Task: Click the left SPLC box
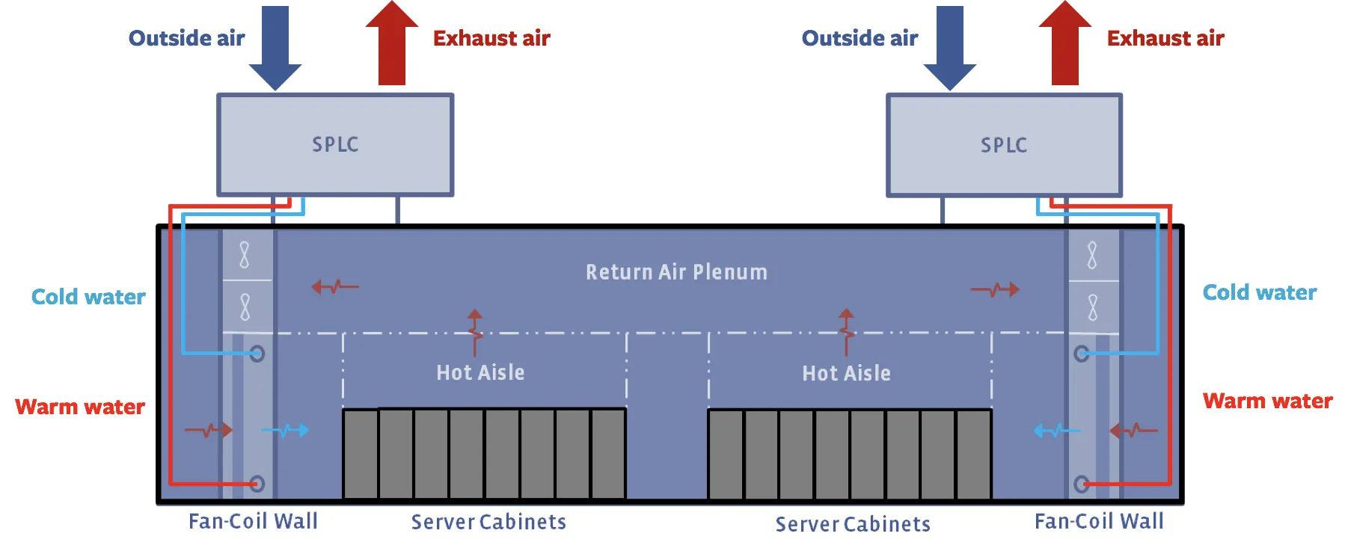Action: click(335, 144)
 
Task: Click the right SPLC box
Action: click(1004, 145)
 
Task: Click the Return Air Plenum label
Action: click(676, 272)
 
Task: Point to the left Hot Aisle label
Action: click(480, 372)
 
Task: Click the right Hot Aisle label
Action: click(846, 373)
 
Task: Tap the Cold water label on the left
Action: click(88, 297)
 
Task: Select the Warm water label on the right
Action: click(1267, 401)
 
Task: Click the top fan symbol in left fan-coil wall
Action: click(245, 255)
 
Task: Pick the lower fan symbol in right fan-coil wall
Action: click(1093, 307)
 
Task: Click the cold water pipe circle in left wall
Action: click(257, 354)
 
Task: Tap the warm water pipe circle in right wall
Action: click(1082, 484)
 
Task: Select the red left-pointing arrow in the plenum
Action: click(334, 286)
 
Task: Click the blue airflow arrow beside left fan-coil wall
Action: click(286, 430)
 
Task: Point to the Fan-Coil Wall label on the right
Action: click(1098, 521)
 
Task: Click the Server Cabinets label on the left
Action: click(488, 522)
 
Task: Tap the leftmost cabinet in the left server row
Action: click(361, 454)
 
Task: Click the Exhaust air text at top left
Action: click(491, 38)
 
